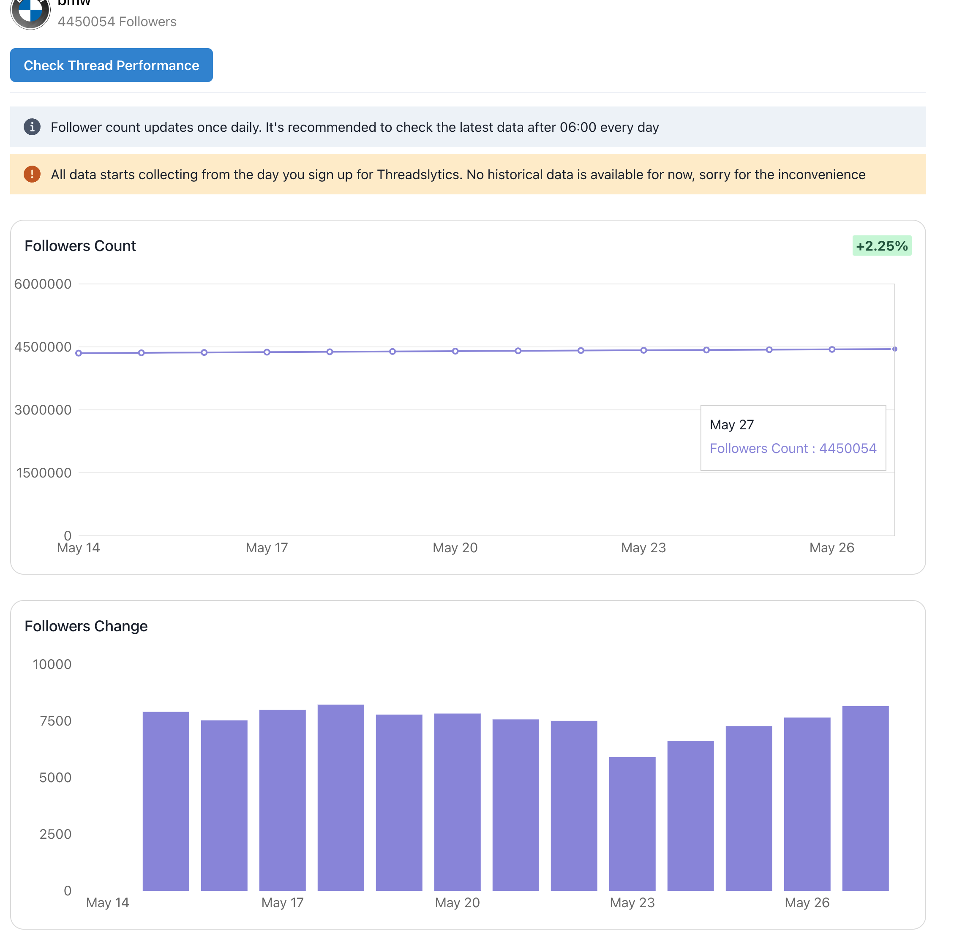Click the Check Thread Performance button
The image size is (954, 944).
111,65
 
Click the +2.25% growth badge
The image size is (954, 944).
881,246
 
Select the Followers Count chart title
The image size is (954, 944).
80,246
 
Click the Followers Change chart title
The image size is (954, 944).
86,626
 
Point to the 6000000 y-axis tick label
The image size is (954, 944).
43,284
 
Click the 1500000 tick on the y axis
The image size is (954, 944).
44,473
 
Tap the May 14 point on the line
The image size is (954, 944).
79,353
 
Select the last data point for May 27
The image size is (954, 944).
894,349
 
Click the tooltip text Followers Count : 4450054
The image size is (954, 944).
793,448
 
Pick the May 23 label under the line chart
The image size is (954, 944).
643,548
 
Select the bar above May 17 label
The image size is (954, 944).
283,800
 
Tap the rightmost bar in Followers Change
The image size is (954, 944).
865,798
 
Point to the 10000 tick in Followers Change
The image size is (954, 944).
52,664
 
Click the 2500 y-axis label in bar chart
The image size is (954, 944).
55,834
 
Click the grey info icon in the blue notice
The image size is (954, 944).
32,127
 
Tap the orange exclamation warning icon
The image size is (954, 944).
32,175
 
